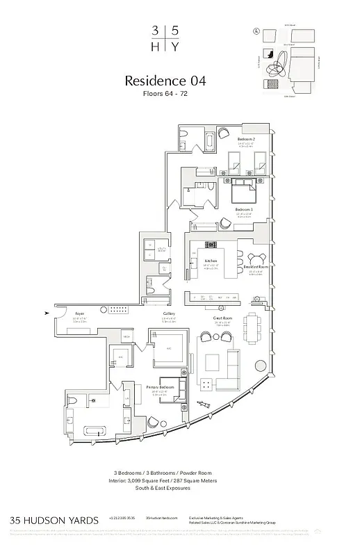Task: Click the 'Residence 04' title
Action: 165,81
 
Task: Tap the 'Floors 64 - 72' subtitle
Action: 165,95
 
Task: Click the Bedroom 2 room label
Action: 245,139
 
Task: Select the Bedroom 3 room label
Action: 243,209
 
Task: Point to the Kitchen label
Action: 211,261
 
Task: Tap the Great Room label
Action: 222,318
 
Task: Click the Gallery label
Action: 169,314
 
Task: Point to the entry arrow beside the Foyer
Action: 47,313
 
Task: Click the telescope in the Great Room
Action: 204,404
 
